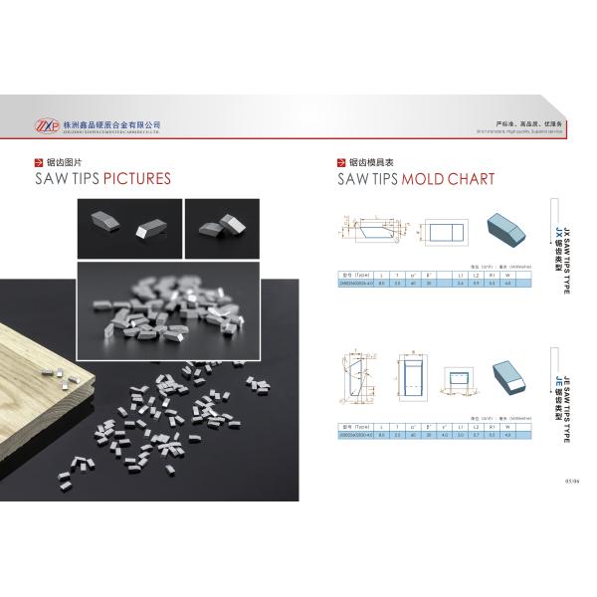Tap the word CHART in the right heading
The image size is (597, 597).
click(466, 179)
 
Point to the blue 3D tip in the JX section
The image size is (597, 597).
click(506, 230)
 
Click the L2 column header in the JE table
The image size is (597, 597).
click(476, 425)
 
